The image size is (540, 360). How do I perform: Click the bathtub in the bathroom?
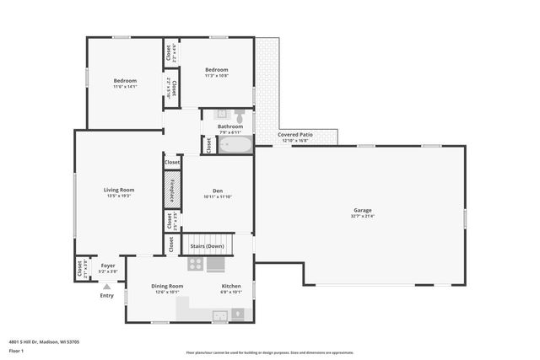[234, 144]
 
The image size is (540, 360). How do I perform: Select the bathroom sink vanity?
[222, 113]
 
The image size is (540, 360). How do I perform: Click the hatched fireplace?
[172, 189]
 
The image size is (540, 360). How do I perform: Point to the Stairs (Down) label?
[208, 246]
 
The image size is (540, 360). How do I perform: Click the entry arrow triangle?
[106, 287]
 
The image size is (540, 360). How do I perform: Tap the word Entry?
[106, 296]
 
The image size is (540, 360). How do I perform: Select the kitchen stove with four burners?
[195, 264]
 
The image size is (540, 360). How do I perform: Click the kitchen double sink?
[219, 316]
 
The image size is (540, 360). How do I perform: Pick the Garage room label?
[362, 210]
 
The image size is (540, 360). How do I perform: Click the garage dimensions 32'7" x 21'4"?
[362, 217]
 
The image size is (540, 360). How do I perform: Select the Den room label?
[217, 190]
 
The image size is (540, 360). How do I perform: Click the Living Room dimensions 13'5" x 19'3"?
[119, 196]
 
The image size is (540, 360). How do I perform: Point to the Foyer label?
[108, 265]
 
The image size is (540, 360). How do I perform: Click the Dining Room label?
[167, 287]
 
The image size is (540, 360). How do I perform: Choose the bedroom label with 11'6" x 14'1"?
[125, 81]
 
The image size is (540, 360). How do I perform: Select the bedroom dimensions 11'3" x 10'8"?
[216, 76]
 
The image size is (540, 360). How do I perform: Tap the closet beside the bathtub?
[208, 145]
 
